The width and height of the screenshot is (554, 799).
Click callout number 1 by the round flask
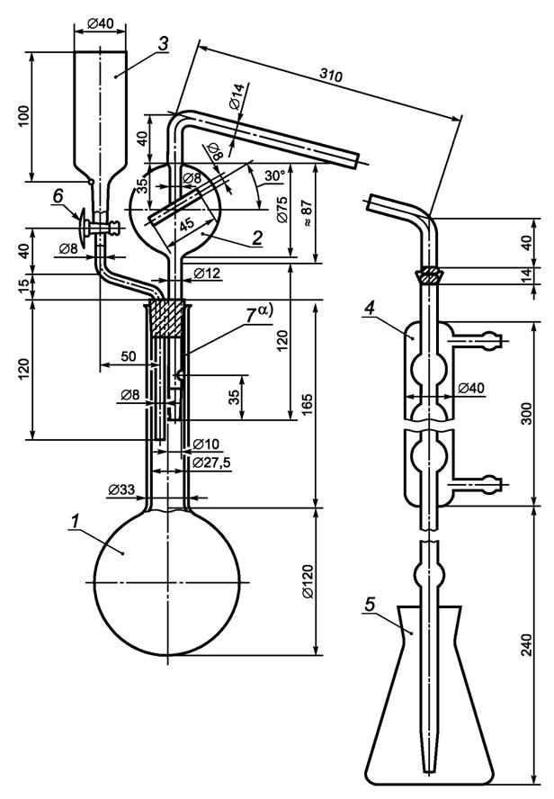click(76, 522)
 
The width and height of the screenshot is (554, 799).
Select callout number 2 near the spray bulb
click(257, 237)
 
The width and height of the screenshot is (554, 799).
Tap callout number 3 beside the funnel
click(163, 44)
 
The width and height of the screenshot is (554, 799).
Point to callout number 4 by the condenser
click(371, 308)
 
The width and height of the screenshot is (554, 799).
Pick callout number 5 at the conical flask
click(371, 605)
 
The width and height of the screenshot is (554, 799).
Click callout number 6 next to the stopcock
click(59, 195)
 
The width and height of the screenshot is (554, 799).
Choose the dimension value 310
click(331, 75)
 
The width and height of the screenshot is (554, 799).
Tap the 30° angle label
click(274, 175)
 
